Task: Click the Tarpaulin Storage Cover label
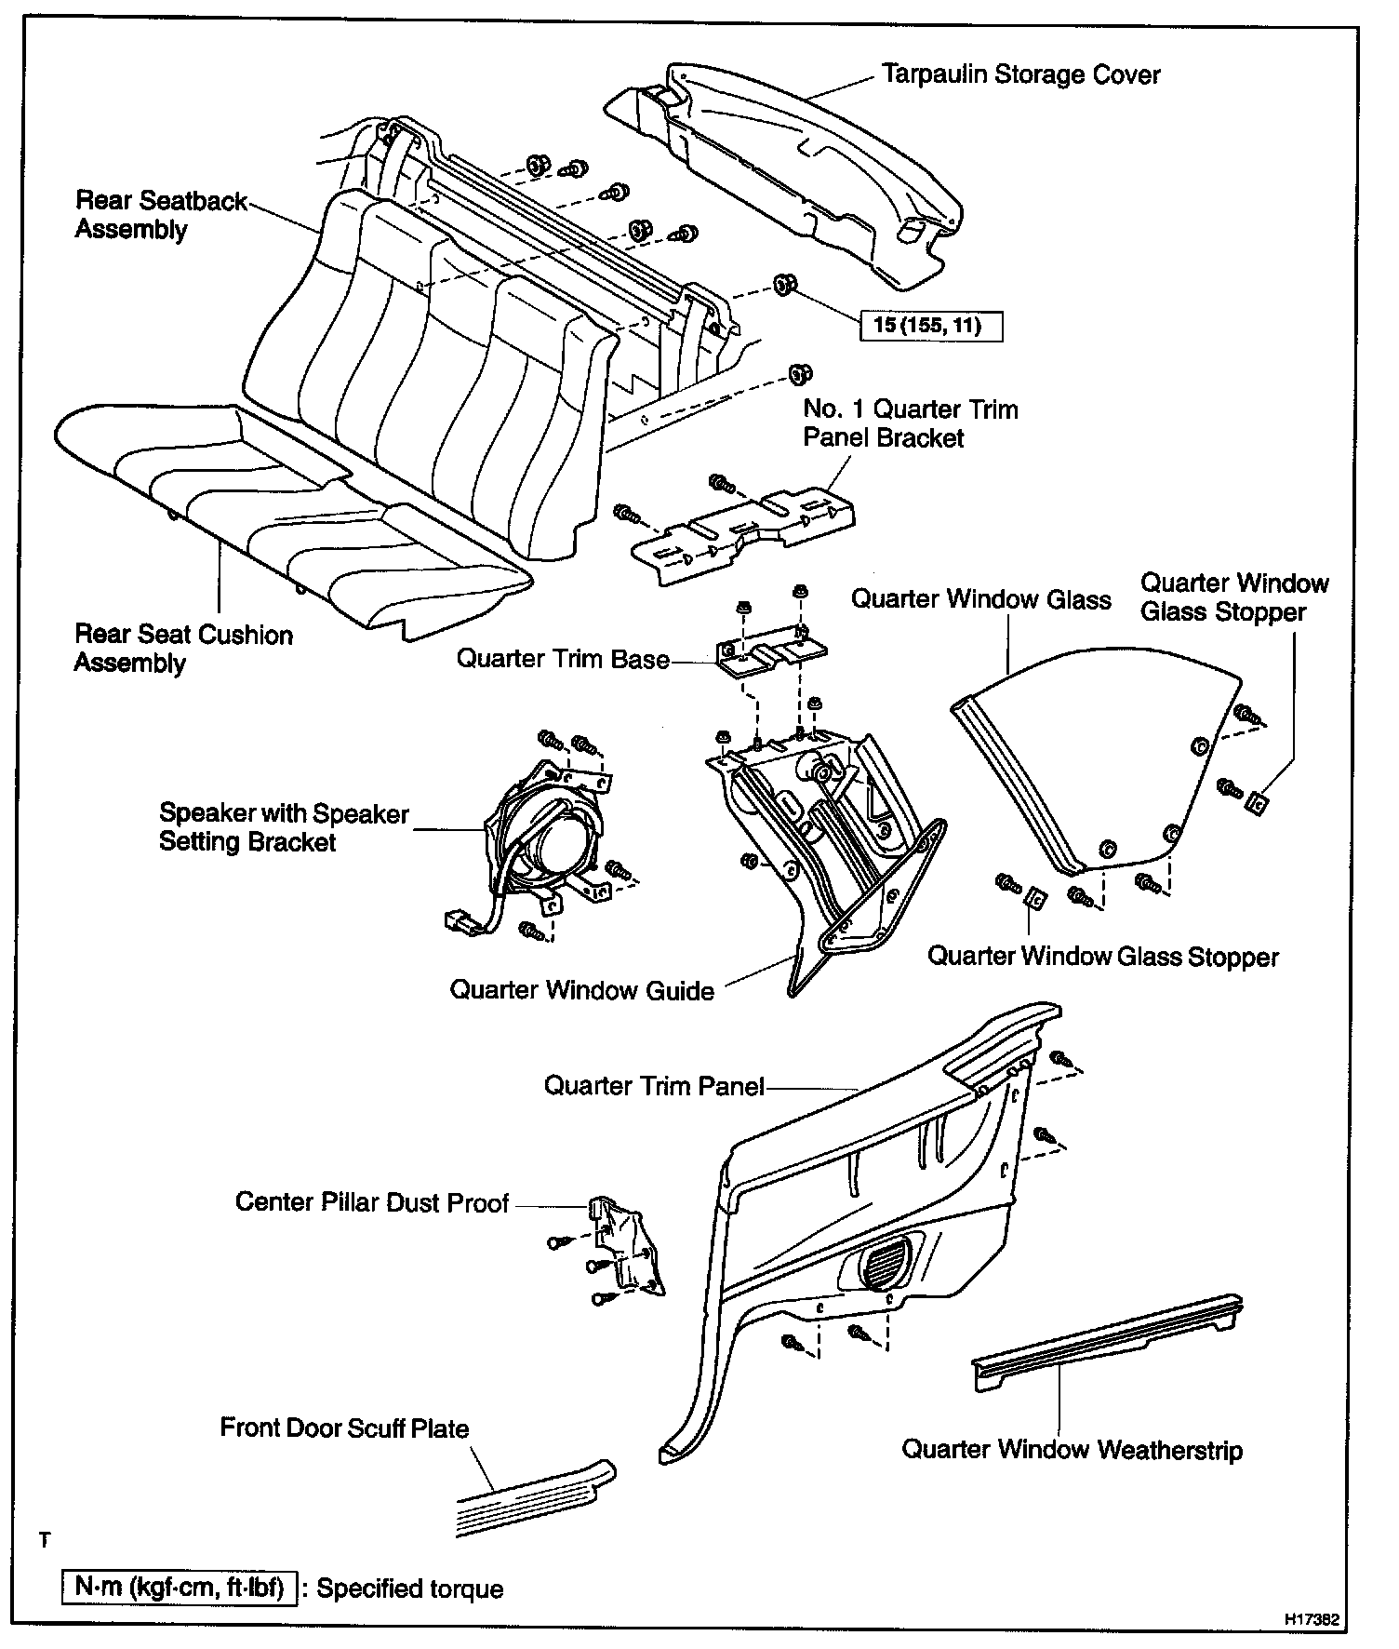[x=1020, y=74]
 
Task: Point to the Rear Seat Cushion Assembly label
[x=182, y=649]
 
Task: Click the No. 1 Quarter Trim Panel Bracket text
[x=910, y=423]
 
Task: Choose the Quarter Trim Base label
[x=562, y=659]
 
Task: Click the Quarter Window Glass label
[x=980, y=599]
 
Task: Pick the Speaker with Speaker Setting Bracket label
[x=283, y=826]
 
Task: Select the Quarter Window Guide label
[x=581, y=989]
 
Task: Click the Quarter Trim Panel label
[x=653, y=1086]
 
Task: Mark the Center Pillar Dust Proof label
[x=371, y=1202]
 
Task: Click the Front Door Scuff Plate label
[x=344, y=1428]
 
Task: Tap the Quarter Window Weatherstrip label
[x=1072, y=1449]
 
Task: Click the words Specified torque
[x=409, y=1589]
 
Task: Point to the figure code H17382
[x=1312, y=1620]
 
